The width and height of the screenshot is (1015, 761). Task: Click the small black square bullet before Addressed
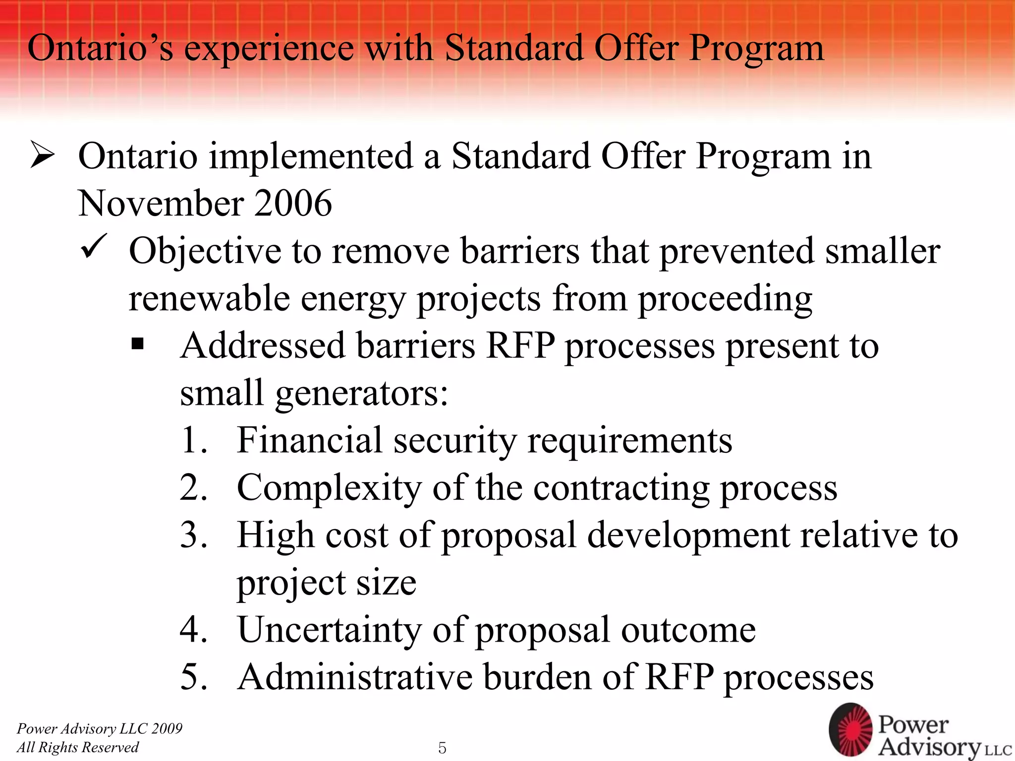click(x=137, y=343)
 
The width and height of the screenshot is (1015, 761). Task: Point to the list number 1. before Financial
click(x=193, y=440)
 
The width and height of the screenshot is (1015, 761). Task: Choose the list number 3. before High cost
click(x=193, y=535)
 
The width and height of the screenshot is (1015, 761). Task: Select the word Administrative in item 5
click(x=354, y=677)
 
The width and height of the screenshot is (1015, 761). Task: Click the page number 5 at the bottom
click(x=442, y=748)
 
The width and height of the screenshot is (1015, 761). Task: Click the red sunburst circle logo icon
click(x=850, y=730)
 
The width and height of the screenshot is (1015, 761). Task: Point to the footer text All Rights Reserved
click(x=78, y=747)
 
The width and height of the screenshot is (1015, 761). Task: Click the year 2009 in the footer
click(x=167, y=728)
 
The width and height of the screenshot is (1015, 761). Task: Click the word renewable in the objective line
click(x=209, y=299)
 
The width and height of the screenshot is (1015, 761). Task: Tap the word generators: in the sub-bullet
click(x=361, y=393)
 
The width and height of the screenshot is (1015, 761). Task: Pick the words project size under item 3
click(x=327, y=583)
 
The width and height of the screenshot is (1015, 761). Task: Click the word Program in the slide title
click(x=756, y=49)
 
